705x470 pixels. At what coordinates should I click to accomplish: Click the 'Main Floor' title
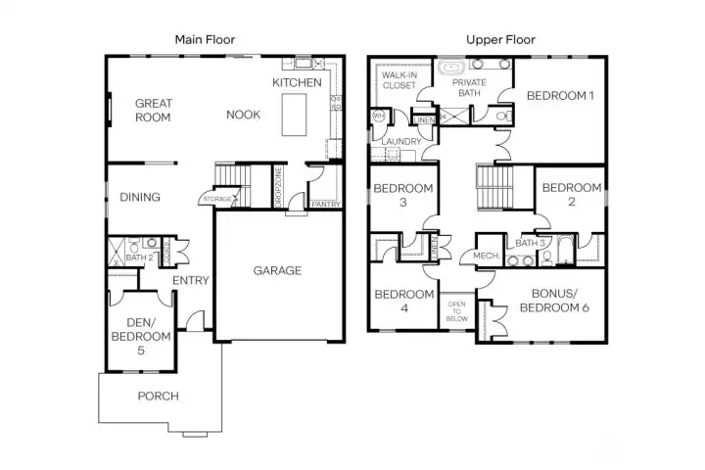point(205,39)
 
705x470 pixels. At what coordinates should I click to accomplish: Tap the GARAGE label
point(277,270)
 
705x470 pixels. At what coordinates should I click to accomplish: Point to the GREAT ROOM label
point(153,110)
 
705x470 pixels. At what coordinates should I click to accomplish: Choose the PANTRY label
point(325,205)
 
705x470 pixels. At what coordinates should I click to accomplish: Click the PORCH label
point(158,396)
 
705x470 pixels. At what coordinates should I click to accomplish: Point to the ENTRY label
point(190,281)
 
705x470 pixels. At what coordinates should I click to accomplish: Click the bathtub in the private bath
point(452,70)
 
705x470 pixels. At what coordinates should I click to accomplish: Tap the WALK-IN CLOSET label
point(399,80)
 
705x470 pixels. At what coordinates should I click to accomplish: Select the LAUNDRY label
point(402,142)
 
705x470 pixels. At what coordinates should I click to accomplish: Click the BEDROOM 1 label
point(559,96)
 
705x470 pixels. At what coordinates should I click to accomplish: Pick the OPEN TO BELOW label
point(455,311)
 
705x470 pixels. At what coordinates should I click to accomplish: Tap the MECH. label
point(486,257)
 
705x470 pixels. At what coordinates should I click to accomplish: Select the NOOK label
point(243,115)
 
